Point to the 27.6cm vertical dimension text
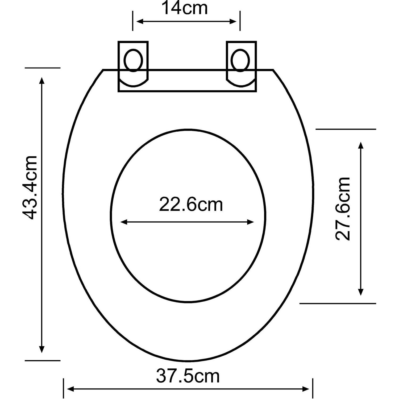(x=343, y=209)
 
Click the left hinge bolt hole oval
(x=133, y=60)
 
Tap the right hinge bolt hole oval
(x=240, y=60)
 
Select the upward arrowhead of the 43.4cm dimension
(x=41, y=80)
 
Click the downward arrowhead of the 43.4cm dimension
(x=41, y=349)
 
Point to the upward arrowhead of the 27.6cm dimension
(x=361, y=145)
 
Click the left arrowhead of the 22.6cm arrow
(x=124, y=222)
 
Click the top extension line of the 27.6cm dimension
(x=346, y=129)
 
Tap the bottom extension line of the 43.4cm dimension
(x=43, y=360)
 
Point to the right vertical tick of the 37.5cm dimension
(x=313, y=388)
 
